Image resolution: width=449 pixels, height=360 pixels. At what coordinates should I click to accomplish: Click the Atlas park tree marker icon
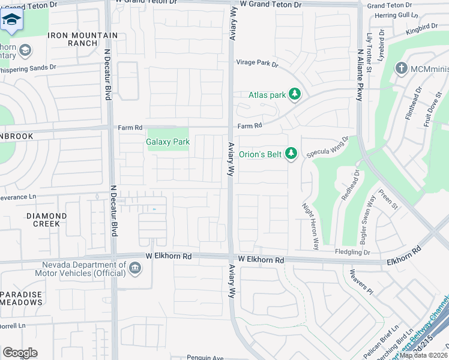click(x=294, y=94)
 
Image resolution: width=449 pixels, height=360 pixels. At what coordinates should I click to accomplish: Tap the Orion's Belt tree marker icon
click(x=291, y=154)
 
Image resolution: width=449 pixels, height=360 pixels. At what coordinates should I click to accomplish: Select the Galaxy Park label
click(x=167, y=142)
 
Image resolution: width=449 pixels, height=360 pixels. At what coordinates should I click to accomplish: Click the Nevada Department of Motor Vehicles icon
click(x=135, y=269)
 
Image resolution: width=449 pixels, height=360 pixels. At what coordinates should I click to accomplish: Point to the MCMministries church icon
click(x=402, y=68)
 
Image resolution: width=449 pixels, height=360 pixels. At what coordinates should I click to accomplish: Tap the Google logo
click(x=19, y=353)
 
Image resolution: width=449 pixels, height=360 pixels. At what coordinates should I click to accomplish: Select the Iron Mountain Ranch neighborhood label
click(x=81, y=39)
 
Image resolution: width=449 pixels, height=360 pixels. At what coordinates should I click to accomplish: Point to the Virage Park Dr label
click(x=258, y=63)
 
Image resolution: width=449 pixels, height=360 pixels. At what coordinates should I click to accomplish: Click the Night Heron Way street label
click(x=311, y=226)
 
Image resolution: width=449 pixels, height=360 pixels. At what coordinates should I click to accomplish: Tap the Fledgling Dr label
click(x=353, y=253)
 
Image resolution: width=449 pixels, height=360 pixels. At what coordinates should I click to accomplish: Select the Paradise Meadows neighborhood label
click(x=21, y=298)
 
